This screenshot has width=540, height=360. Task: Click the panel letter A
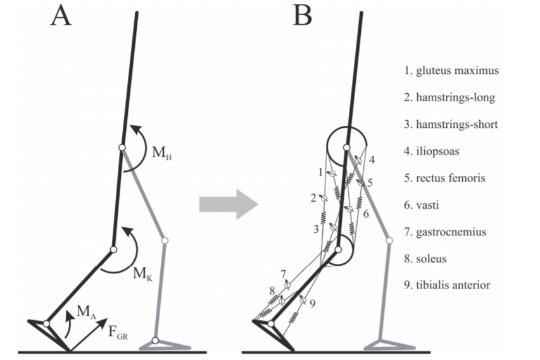[x=61, y=16]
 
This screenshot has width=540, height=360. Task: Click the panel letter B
[x=302, y=16]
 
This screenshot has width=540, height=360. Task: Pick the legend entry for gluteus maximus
[x=451, y=70]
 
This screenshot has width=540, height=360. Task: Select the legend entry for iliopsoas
[x=435, y=151]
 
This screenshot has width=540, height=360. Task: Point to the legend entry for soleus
[x=429, y=259]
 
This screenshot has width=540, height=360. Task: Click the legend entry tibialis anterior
[x=450, y=285]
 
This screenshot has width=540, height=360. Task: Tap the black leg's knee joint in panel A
[x=113, y=249]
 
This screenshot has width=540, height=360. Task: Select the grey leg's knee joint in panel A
[x=165, y=240]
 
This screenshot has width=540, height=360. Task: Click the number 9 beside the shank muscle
[x=313, y=304]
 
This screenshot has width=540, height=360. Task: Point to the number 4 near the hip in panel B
[x=372, y=160]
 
